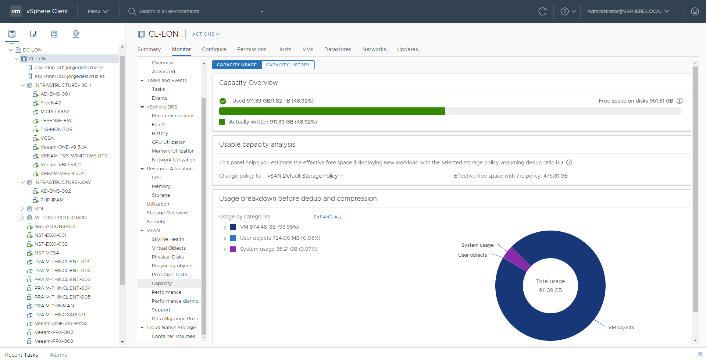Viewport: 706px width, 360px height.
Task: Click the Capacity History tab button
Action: (288, 65)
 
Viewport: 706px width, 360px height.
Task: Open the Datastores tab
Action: (338, 49)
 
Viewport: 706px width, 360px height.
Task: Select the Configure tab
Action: (214, 49)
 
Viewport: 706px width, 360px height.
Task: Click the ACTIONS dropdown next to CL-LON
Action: (206, 34)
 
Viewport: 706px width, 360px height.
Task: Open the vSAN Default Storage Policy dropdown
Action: (306, 176)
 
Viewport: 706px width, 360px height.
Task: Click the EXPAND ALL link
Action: (328, 217)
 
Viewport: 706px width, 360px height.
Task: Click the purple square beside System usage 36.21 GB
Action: (233, 249)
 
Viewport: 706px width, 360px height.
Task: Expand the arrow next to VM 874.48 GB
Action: (224, 227)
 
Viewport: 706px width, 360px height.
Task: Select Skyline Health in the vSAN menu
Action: (168, 239)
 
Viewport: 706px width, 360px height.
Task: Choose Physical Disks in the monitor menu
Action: (168, 257)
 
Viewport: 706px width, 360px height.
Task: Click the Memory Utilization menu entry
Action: (173, 151)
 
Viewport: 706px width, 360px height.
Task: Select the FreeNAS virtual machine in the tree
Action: (51, 103)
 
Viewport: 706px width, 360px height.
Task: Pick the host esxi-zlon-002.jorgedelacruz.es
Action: (69, 76)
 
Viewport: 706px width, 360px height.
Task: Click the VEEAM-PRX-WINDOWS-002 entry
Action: (74, 156)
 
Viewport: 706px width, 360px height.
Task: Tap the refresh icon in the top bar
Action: (542, 11)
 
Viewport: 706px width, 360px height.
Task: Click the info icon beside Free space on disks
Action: (680, 101)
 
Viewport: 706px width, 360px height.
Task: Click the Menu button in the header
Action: (97, 11)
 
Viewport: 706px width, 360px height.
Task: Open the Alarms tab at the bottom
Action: (58, 355)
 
